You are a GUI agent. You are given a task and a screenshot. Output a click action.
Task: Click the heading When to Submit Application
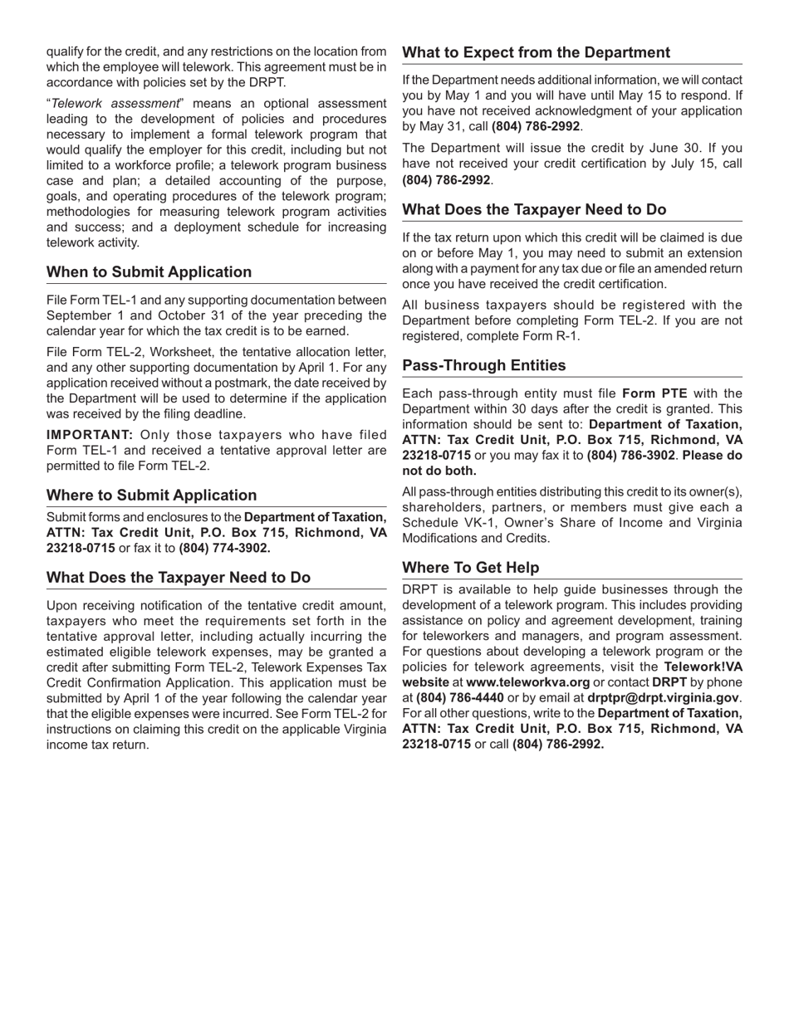(x=149, y=272)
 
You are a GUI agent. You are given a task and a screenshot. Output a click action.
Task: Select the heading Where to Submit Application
(x=151, y=496)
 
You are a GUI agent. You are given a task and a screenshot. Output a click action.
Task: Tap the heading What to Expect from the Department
(x=536, y=53)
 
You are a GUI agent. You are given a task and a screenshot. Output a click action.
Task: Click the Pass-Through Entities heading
(x=483, y=366)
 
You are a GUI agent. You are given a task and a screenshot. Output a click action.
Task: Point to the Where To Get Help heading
(x=470, y=568)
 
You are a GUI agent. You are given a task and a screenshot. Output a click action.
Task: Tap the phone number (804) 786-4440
(x=459, y=698)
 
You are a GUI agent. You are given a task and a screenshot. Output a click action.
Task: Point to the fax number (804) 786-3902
(x=630, y=456)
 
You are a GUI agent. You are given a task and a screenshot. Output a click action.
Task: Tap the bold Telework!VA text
(x=703, y=667)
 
